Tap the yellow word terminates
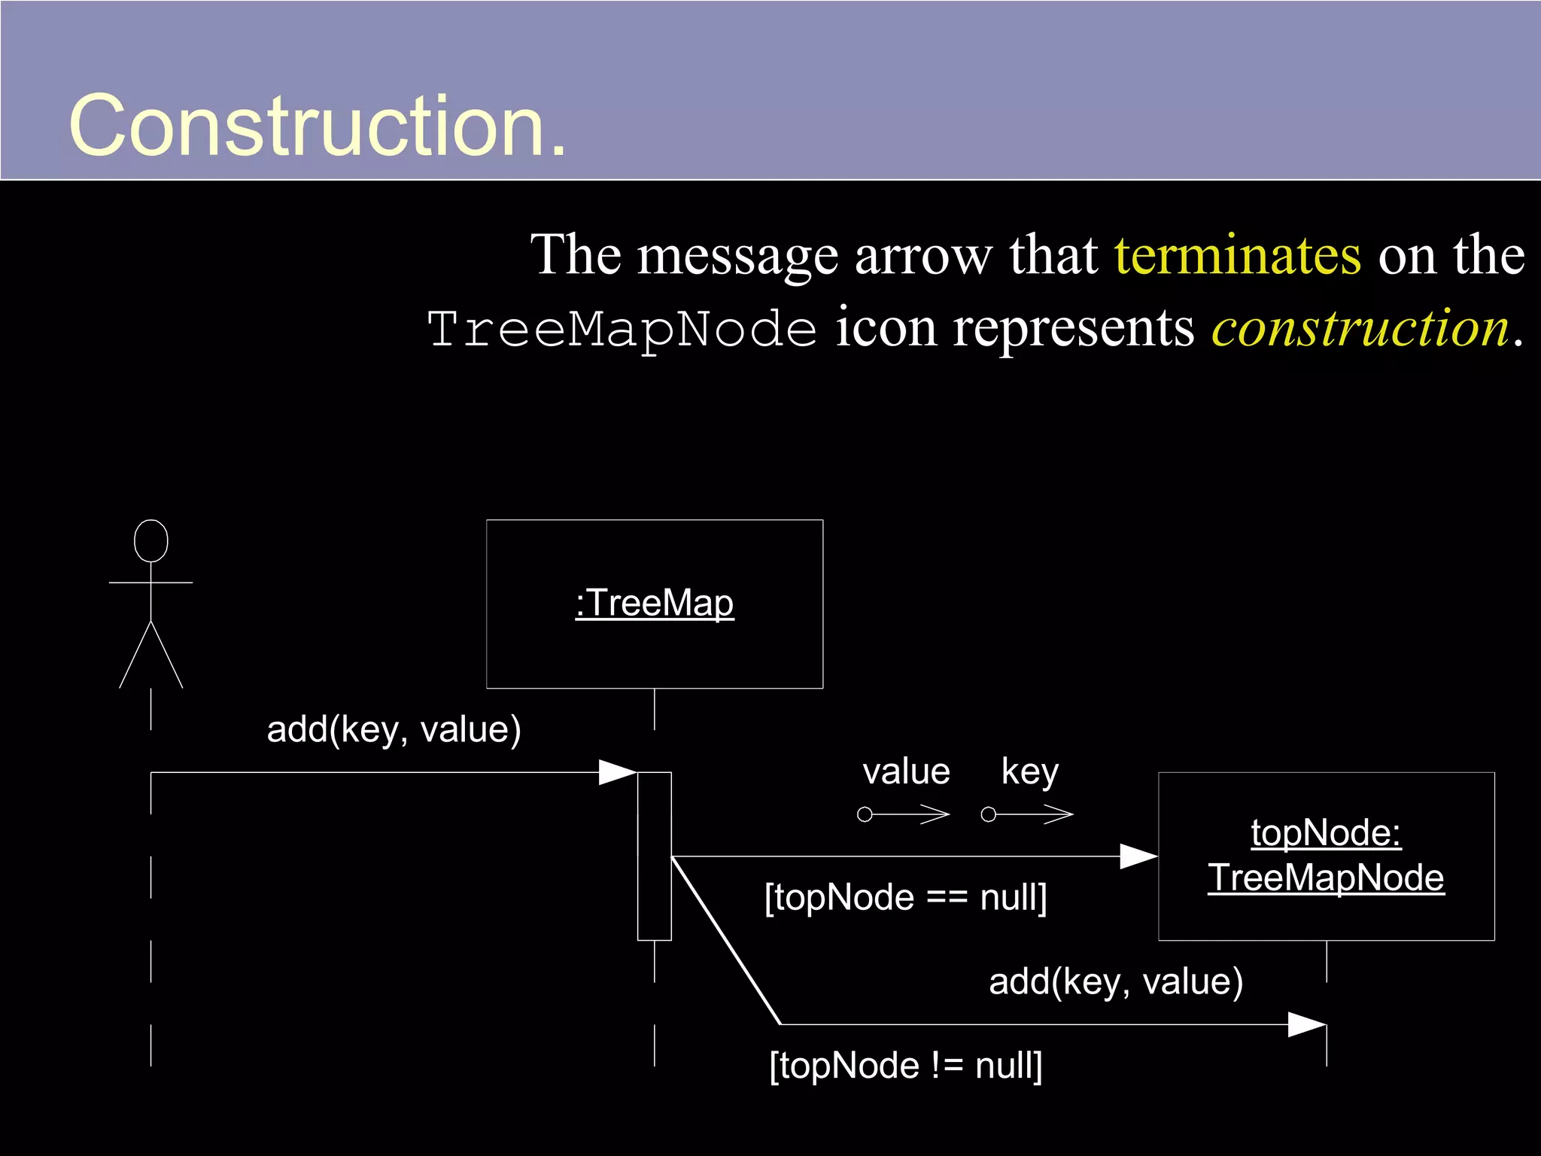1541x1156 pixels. (x=1237, y=256)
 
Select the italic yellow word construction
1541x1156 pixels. (x=1360, y=329)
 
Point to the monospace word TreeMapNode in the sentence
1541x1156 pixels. (x=622, y=330)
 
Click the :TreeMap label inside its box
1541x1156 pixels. (x=655, y=604)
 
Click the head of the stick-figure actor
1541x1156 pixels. (x=150, y=540)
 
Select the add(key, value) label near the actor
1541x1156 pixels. (x=394, y=729)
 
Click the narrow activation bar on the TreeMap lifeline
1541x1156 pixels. (x=654, y=856)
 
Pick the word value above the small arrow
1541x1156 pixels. (x=906, y=772)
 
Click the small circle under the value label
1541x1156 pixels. (x=865, y=814)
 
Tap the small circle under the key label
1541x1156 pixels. (x=989, y=814)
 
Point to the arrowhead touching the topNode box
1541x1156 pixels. (x=1139, y=856)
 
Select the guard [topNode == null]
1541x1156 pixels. (x=906, y=898)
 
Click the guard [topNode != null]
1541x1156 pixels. (x=906, y=1066)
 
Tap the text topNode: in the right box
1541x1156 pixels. (x=1326, y=833)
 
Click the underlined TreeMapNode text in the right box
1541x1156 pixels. (x=1326, y=878)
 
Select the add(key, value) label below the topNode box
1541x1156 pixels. (x=1116, y=981)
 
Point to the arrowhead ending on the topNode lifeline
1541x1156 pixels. (x=1307, y=1024)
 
